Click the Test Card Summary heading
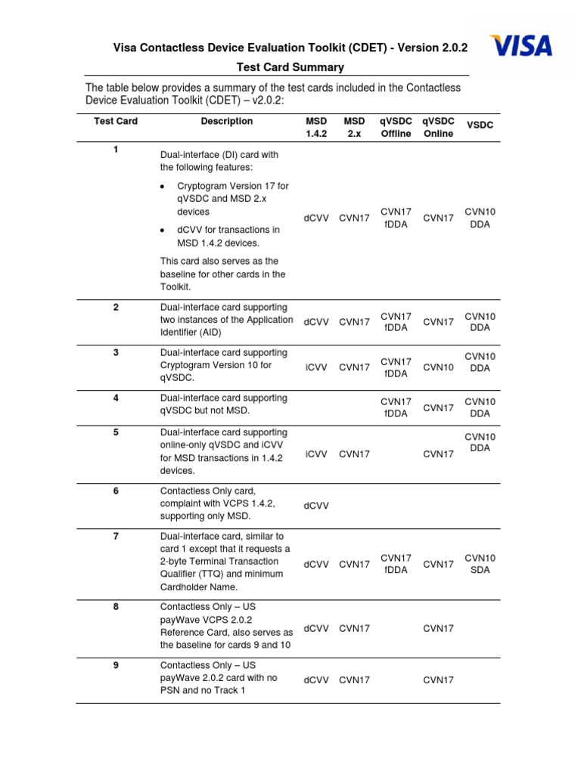(290, 67)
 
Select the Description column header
(227, 121)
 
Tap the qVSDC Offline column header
(396, 127)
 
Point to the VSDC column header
(480, 125)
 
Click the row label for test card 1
(116, 150)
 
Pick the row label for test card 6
(116, 491)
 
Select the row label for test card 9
(116, 664)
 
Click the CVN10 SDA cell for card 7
(480, 564)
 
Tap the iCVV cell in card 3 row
(316, 367)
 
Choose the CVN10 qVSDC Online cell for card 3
(438, 367)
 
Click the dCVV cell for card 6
(316, 506)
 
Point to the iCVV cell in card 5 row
(316, 454)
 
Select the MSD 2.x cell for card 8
(354, 628)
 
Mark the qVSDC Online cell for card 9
(438, 680)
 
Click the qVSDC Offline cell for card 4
(396, 407)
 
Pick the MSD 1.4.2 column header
(316, 127)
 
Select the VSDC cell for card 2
(480, 322)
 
